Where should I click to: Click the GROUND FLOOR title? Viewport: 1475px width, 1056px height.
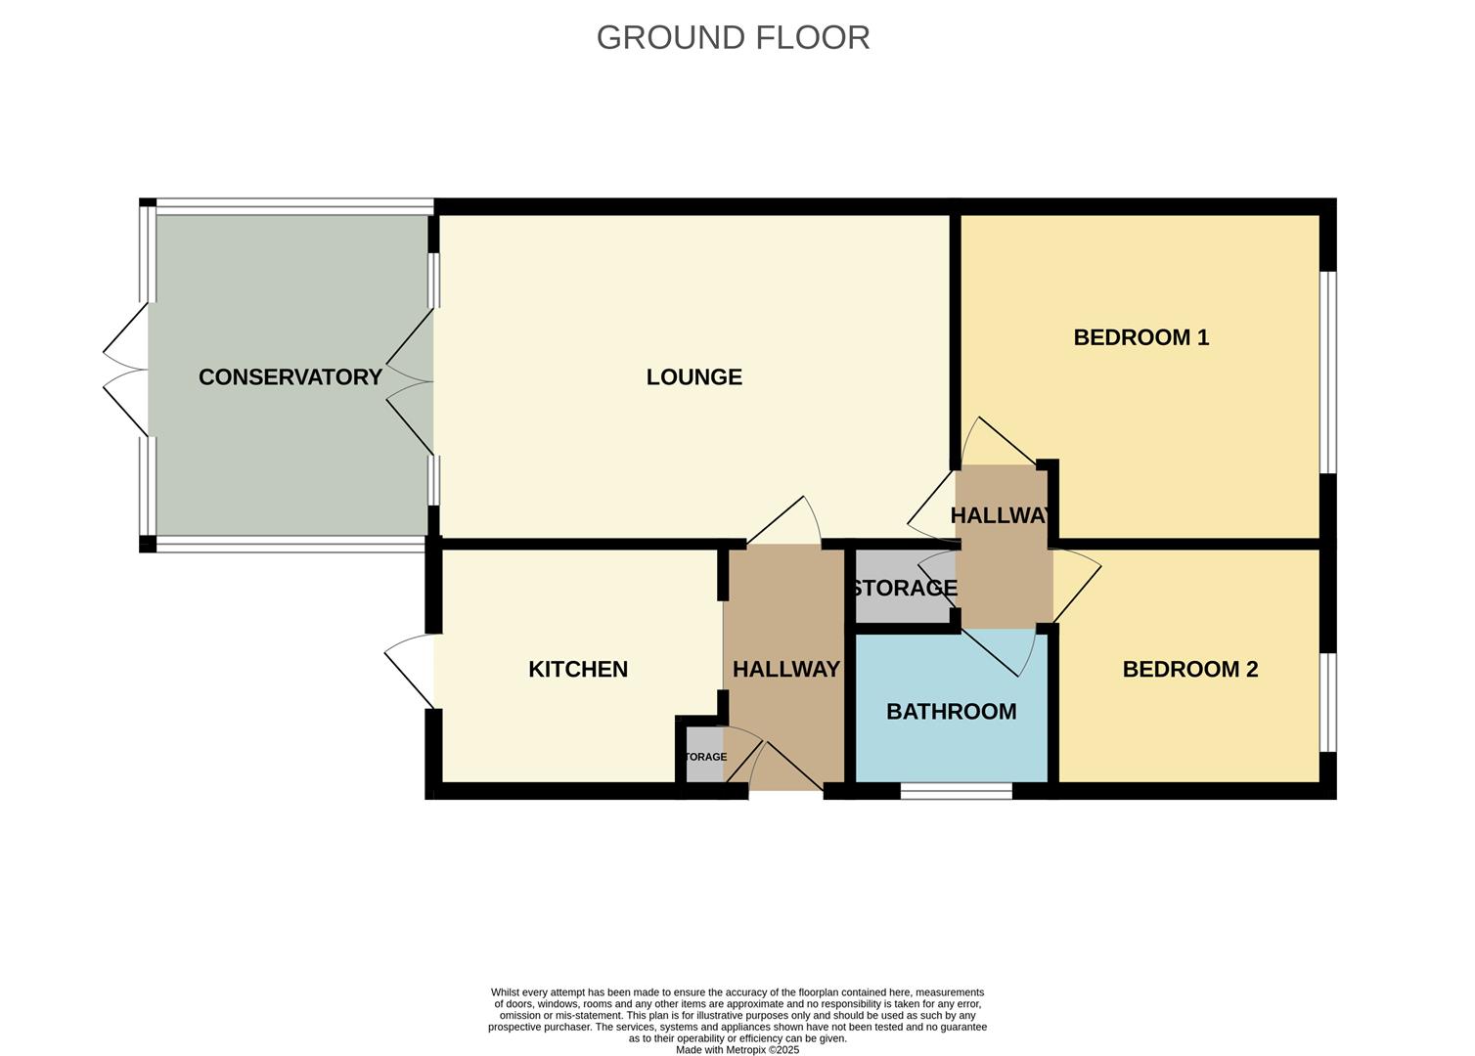click(733, 37)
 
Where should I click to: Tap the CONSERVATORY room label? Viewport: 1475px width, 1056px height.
click(290, 377)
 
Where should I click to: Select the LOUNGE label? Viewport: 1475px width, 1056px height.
click(693, 377)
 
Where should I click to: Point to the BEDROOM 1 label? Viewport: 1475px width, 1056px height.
click(1140, 337)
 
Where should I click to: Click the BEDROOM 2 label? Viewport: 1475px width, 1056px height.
click(1189, 670)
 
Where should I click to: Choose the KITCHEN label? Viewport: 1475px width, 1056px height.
click(577, 670)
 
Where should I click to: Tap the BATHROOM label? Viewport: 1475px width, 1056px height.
click(951, 712)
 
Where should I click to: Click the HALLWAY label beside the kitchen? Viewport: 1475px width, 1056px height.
click(785, 670)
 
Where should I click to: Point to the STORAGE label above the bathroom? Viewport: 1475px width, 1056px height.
click(903, 589)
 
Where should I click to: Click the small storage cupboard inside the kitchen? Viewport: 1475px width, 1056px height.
click(704, 756)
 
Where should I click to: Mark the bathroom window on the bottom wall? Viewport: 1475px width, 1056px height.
click(956, 791)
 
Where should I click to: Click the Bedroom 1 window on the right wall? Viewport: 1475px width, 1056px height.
click(1327, 373)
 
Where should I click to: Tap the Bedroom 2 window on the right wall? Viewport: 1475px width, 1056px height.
click(1327, 702)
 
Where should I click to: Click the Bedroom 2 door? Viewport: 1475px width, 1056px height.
click(1076, 587)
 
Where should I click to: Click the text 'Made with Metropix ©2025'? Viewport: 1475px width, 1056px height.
click(737, 1050)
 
